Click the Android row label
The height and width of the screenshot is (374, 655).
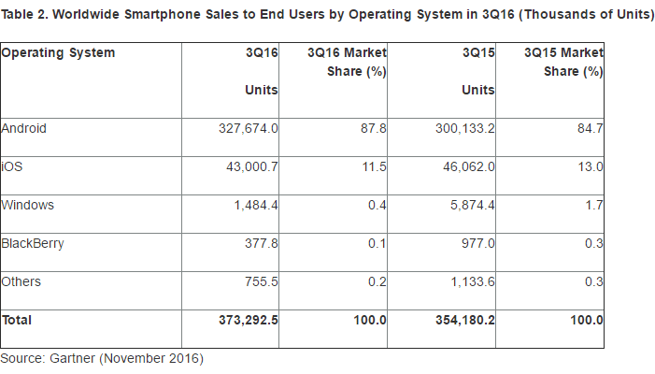coord(24,128)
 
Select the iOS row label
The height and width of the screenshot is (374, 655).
coord(11,165)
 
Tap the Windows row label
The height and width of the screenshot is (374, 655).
coord(27,204)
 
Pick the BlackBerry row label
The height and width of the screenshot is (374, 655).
coord(33,243)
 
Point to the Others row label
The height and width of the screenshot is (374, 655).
coord(21,281)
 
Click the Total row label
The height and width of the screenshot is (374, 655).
coord(17,320)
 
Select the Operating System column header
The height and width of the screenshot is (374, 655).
coord(58,53)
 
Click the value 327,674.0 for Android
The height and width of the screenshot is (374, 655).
coord(248,128)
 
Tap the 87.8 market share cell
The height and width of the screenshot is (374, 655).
coord(374,128)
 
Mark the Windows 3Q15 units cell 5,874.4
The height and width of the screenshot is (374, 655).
coord(471,204)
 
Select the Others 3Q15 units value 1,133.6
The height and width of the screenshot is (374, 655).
coord(471,281)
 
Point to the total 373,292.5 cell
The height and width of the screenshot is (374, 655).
coord(247,320)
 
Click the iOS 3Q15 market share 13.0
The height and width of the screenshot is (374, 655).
coord(591,165)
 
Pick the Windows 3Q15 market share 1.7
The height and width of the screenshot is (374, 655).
coord(594,204)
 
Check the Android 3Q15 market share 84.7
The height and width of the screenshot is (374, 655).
coord(591,128)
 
